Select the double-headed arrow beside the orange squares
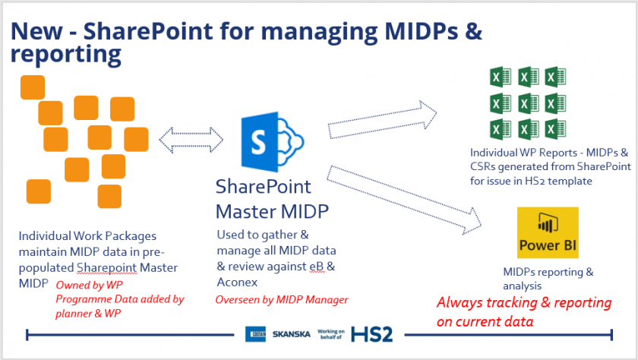pos(196,139)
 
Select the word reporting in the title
pos(66,54)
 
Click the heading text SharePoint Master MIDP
pos(264,198)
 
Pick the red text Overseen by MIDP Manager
pos(282,300)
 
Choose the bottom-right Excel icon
pos(556,127)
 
